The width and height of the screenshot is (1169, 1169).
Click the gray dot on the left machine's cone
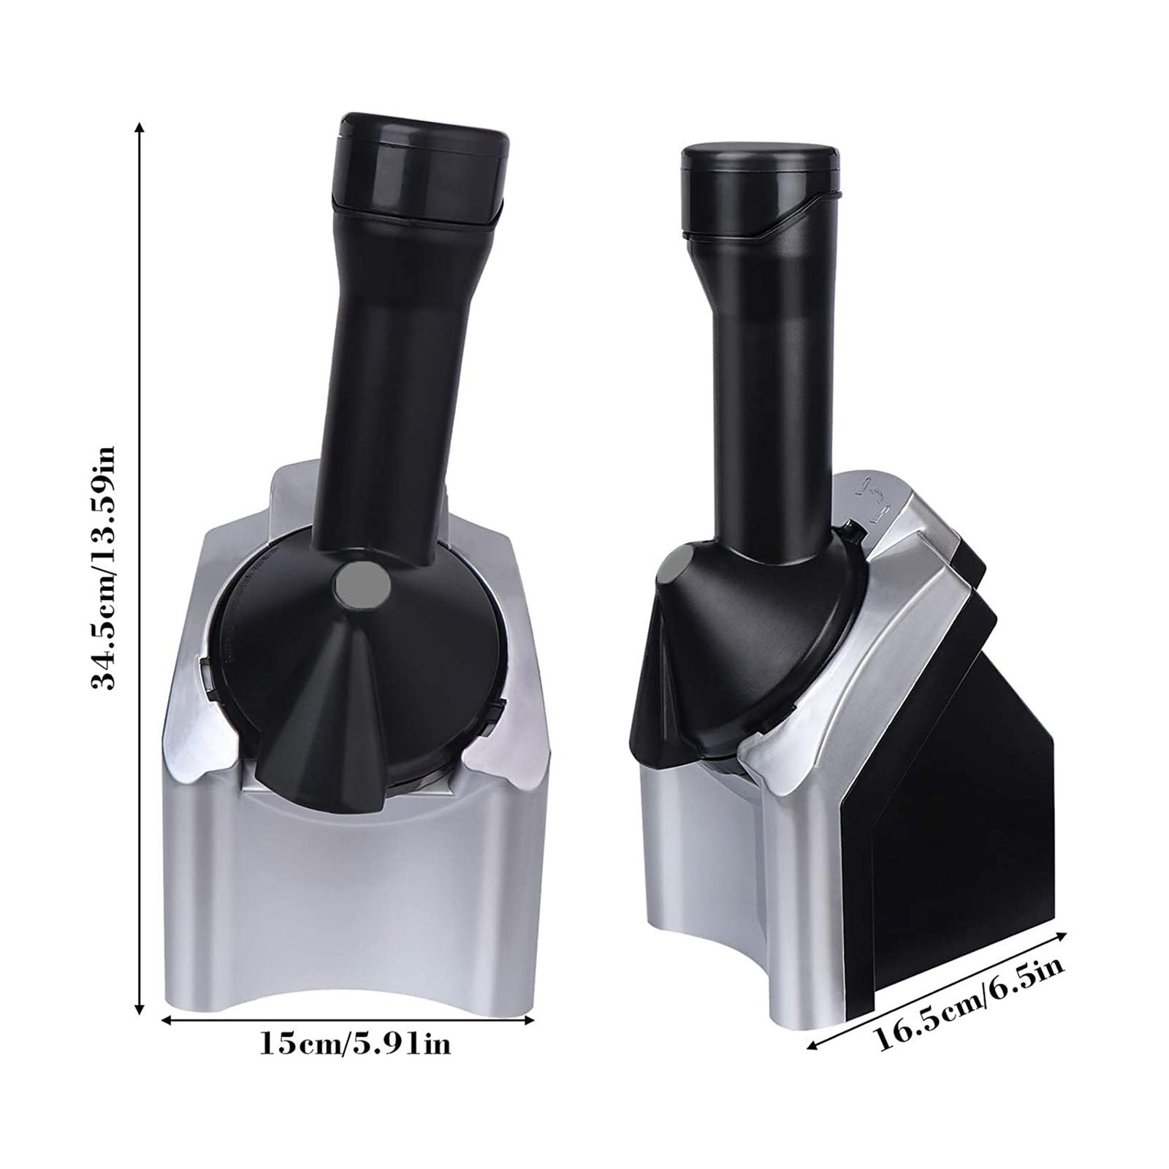pyautogui.click(x=362, y=585)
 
